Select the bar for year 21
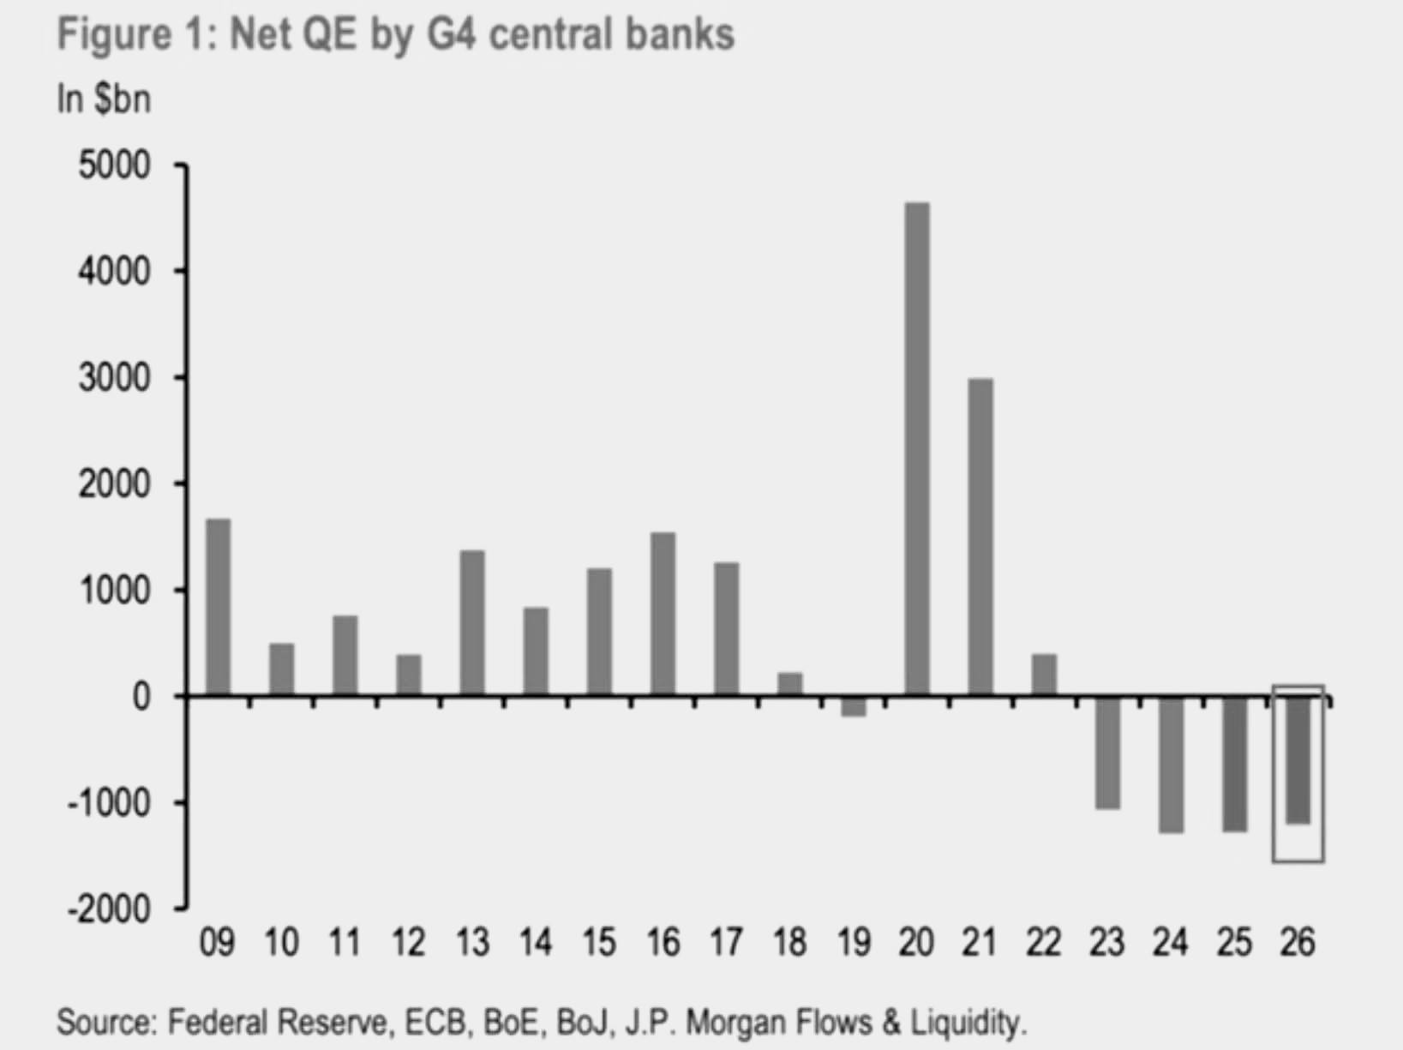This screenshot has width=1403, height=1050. coord(980,537)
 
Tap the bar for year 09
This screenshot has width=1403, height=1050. coord(218,607)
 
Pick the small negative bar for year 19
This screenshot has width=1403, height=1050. coord(853,706)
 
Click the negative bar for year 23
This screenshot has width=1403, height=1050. coord(1107,753)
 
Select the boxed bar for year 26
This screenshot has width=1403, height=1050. coord(1298,760)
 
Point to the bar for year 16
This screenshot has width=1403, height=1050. coord(663,614)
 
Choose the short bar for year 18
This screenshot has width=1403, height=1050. coord(789,684)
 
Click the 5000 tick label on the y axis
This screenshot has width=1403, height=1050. coord(114,165)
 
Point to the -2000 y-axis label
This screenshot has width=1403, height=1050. coord(109,909)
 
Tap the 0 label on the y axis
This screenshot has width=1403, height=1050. coord(141,697)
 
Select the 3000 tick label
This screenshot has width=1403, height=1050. coord(114,378)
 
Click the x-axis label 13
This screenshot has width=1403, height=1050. coord(471,943)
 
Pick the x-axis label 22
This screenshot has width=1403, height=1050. coord(1043,943)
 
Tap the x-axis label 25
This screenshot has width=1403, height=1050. coord(1234,943)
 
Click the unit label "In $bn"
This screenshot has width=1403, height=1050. coord(104,99)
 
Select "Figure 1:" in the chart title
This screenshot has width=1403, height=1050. coord(136,35)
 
